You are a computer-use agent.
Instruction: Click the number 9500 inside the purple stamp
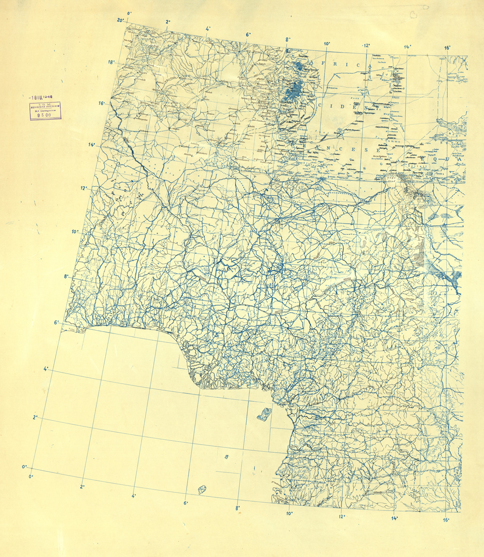(41, 113)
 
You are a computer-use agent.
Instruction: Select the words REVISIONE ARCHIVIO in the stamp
(41, 106)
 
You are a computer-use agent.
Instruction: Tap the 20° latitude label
(121, 20)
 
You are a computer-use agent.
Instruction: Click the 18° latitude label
(111, 62)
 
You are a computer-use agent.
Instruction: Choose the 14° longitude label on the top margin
(407, 47)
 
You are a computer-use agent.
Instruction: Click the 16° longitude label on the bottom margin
(445, 520)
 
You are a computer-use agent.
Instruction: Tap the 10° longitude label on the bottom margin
(289, 513)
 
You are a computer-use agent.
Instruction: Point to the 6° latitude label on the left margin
(57, 323)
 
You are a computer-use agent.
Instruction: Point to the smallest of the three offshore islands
(226, 457)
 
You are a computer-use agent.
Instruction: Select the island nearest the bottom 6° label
(203, 490)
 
